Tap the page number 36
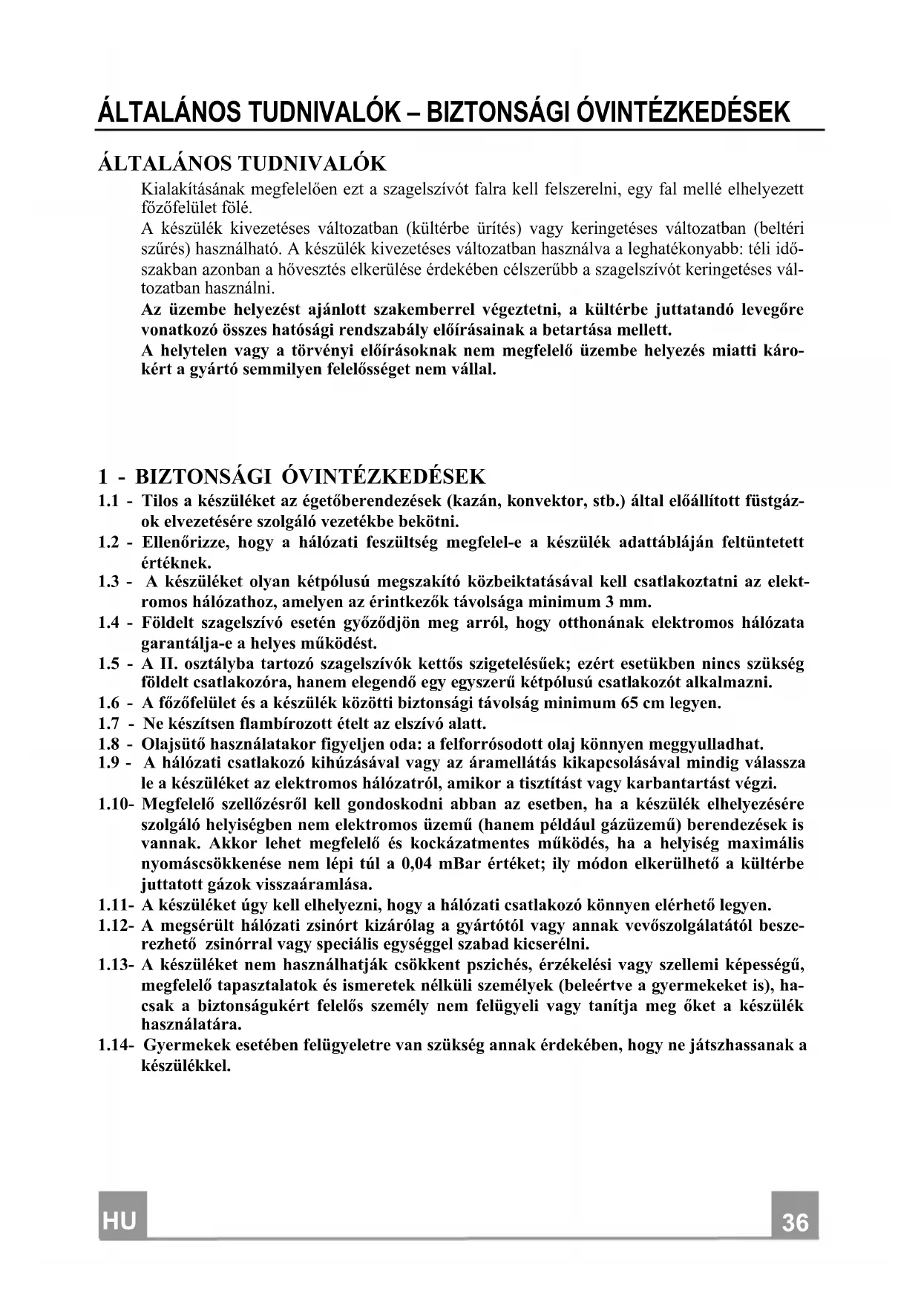click(x=794, y=1222)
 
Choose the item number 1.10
click(x=114, y=804)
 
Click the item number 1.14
click(x=114, y=1046)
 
